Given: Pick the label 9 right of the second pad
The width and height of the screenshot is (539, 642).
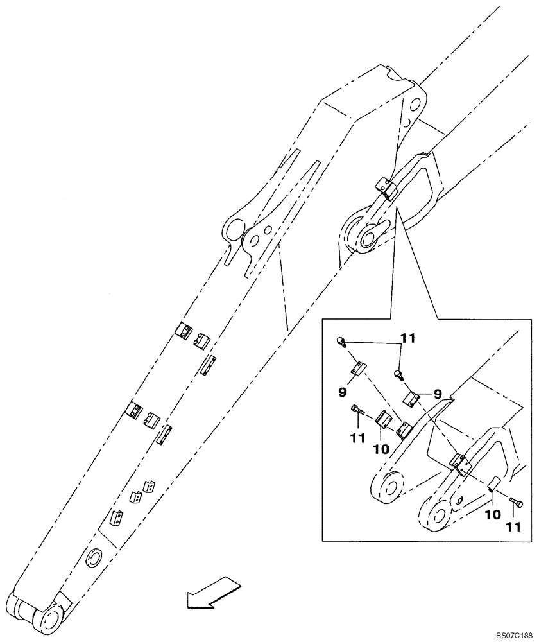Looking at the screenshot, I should coord(436,394).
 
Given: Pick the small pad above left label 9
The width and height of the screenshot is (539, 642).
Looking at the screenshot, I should coord(358,369).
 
